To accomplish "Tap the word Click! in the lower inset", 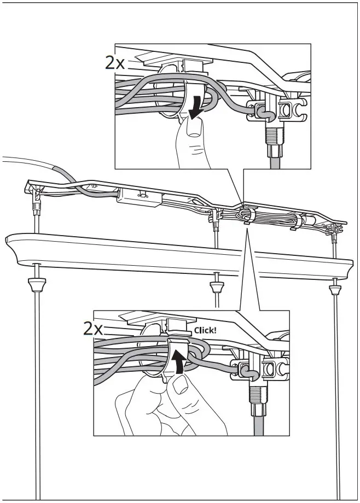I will (205, 330).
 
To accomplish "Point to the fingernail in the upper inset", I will (191, 128).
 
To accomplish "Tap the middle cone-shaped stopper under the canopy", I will (217, 285).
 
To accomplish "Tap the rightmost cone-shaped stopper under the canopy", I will (334, 286).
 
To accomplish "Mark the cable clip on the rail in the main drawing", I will (247, 214).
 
